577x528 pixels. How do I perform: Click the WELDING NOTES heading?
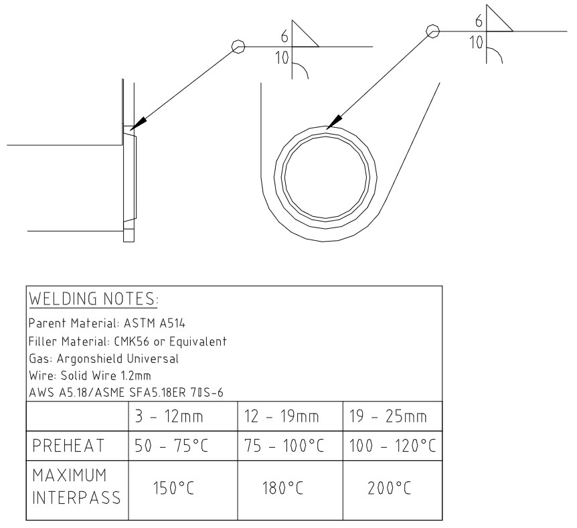point(94,298)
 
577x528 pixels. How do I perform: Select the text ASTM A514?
point(154,323)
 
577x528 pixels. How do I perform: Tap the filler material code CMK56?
point(132,342)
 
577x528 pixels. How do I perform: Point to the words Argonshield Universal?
point(118,359)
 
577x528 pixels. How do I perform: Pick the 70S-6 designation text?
point(207,393)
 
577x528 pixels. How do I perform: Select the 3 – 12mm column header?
point(169,416)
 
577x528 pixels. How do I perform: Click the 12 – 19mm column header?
point(282,416)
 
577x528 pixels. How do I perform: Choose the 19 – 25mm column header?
point(388,416)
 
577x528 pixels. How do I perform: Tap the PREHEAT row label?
point(68,446)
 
